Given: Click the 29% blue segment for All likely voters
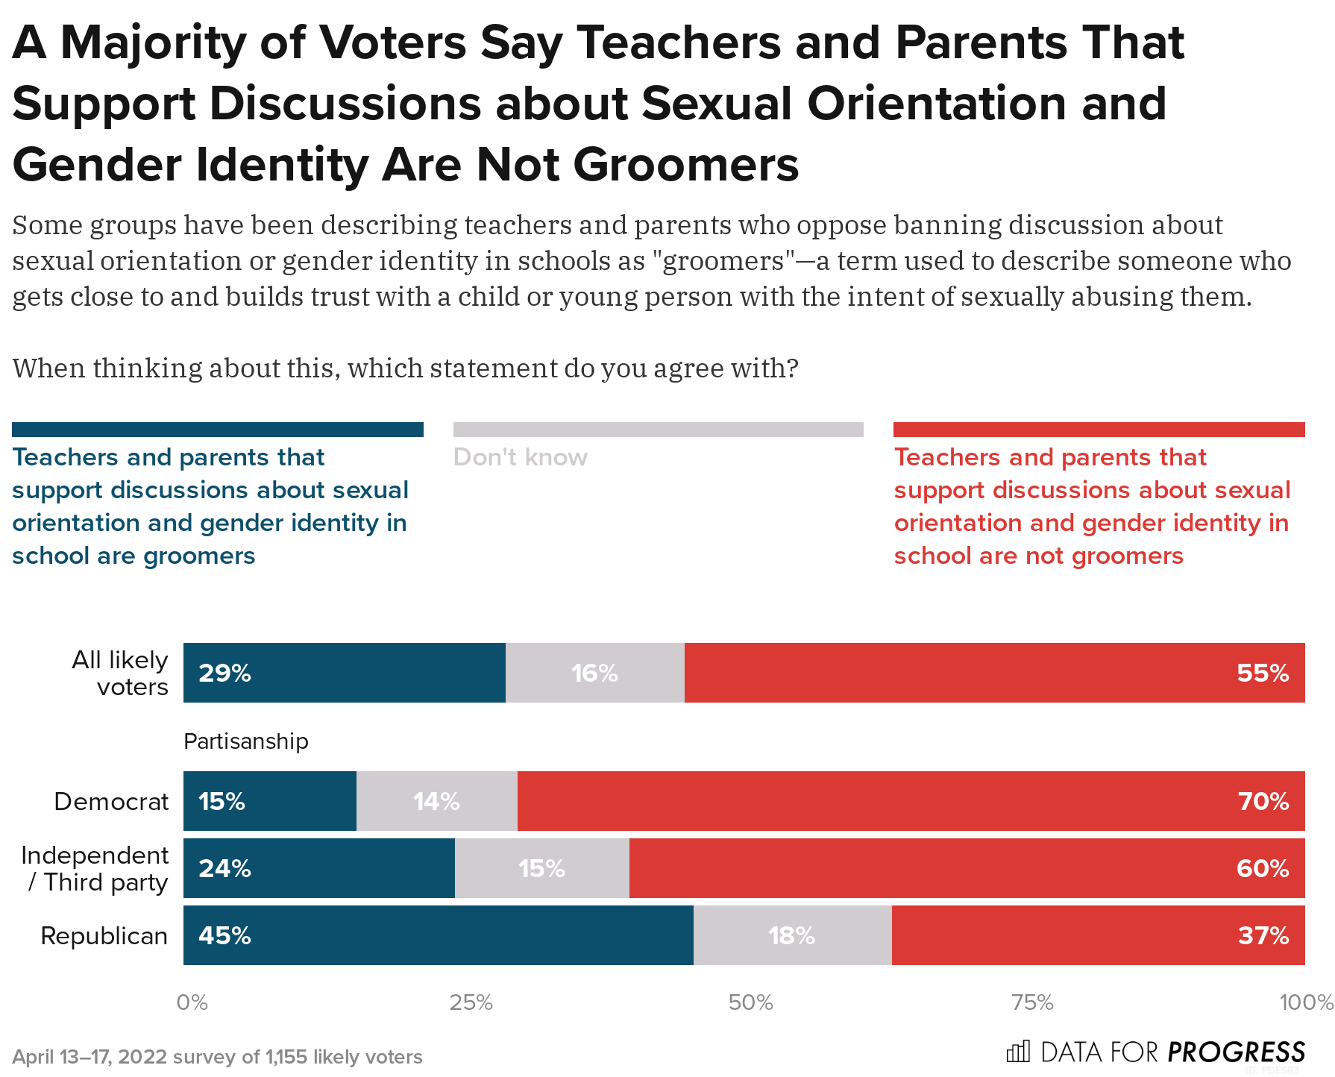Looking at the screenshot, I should tap(344, 673).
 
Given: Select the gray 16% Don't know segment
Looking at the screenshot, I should tap(594, 673).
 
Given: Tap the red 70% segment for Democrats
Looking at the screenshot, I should tap(911, 801).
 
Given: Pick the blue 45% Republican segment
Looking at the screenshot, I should tap(438, 935).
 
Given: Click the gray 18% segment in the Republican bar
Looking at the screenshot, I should tap(792, 935).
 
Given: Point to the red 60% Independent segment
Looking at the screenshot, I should tap(967, 868).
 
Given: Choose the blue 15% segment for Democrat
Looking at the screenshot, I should tap(269, 801).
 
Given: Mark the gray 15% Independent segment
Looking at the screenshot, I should tap(541, 868).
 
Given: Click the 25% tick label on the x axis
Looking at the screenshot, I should tap(471, 1002).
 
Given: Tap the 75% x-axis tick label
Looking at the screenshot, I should tap(1032, 1002).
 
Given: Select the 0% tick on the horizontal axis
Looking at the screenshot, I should tap(192, 1002).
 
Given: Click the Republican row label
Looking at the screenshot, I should tap(104, 935).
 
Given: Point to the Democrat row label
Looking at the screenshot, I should tap(111, 801).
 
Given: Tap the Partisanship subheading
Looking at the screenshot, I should tap(245, 741).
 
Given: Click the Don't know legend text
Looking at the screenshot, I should tap(520, 457).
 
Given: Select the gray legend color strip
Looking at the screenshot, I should tap(658, 430).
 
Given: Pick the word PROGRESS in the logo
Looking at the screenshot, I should tap(1236, 1052).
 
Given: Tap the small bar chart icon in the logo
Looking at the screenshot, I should tap(1018, 1052).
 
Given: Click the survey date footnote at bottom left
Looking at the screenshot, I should tap(217, 1057).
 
